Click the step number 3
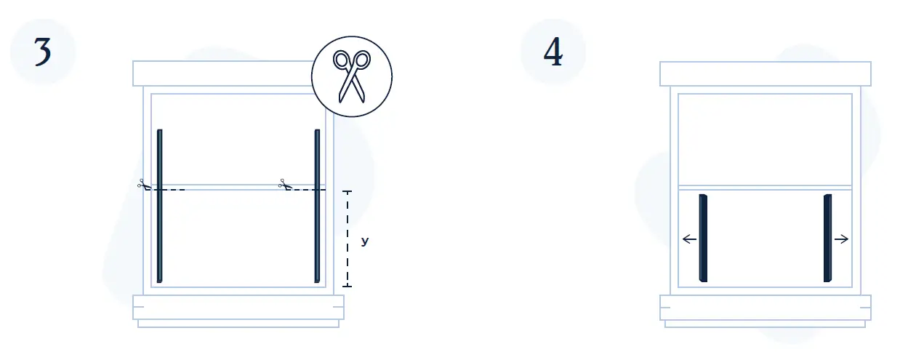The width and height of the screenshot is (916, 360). pyautogui.click(x=43, y=53)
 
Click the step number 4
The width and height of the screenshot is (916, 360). pyautogui.click(x=553, y=53)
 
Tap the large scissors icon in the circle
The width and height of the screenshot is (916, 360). pyautogui.click(x=352, y=76)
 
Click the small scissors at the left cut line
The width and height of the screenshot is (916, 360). pyautogui.click(x=142, y=185)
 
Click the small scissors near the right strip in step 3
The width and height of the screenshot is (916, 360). pyautogui.click(x=284, y=185)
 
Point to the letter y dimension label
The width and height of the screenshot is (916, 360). pyautogui.click(x=365, y=240)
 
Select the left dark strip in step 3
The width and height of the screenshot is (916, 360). pyautogui.click(x=160, y=206)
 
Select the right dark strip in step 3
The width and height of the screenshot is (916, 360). pyautogui.click(x=317, y=206)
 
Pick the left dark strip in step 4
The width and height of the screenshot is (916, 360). pyautogui.click(x=702, y=238)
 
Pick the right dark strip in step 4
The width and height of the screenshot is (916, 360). pyautogui.click(x=828, y=238)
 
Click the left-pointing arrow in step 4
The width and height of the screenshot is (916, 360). pyautogui.click(x=689, y=239)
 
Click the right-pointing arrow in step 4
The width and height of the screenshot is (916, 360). pyautogui.click(x=842, y=239)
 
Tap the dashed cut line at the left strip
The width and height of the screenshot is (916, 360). pyautogui.click(x=173, y=190)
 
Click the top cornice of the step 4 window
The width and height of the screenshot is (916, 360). pyautogui.click(x=765, y=73)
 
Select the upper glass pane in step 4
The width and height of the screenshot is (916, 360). pyautogui.click(x=765, y=138)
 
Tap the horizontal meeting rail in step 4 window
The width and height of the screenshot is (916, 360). pyautogui.click(x=765, y=187)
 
